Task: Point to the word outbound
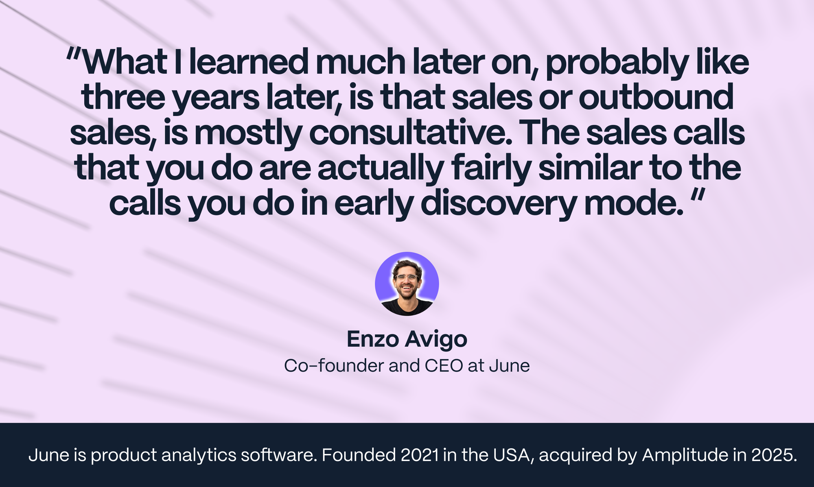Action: [x=656, y=98]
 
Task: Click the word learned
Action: [x=249, y=62]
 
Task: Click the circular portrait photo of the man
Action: [x=407, y=284]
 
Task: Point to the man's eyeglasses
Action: [x=407, y=278]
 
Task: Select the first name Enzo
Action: [x=372, y=339]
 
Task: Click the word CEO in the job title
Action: [x=444, y=366]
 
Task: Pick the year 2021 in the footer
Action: [x=420, y=455]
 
